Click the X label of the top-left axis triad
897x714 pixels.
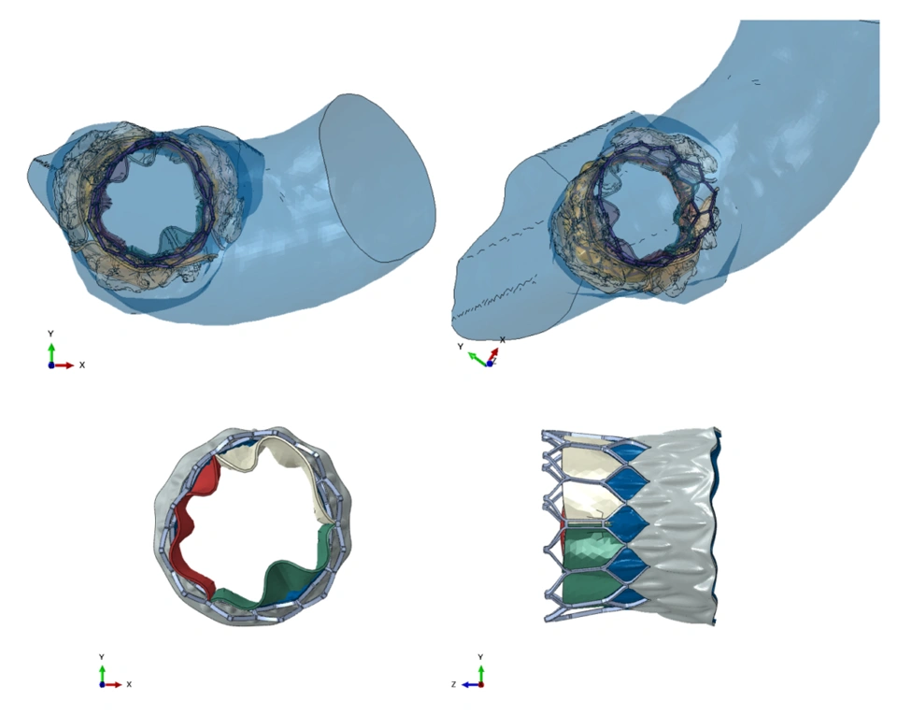point(82,365)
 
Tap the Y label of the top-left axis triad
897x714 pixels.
point(50,334)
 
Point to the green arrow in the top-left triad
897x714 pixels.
point(51,353)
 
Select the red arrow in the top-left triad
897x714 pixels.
point(63,365)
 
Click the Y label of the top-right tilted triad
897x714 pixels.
point(460,347)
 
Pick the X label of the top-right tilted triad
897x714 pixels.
point(503,340)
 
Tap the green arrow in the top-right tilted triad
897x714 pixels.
point(477,358)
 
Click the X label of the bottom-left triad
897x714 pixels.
point(129,684)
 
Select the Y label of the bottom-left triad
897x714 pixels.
point(102,657)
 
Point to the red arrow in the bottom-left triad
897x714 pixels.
point(112,684)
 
